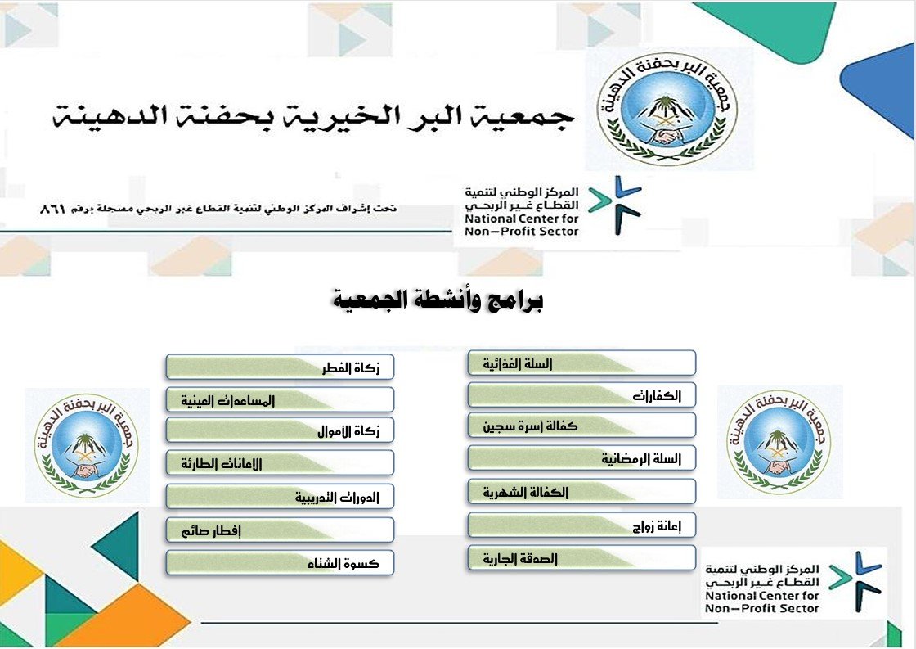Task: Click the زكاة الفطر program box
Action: [x=280, y=367]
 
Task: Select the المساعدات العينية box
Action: [x=280, y=400]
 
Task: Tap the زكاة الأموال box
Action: [x=280, y=430]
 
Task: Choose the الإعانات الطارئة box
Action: [x=280, y=463]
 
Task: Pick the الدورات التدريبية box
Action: [x=280, y=497]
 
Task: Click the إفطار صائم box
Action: [x=280, y=530]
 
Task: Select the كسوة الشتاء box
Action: [x=280, y=563]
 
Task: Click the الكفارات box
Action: [x=581, y=395]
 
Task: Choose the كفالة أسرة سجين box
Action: [x=581, y=426]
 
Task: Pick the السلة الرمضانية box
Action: [x=581, y=458]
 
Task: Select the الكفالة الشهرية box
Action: [x=581, y=492]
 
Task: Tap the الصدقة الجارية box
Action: [x=581, y=558]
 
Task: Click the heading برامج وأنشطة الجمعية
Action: [x=439, y=300]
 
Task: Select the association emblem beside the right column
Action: [x=780, y=443]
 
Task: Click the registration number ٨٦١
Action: [x=52, y=210]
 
